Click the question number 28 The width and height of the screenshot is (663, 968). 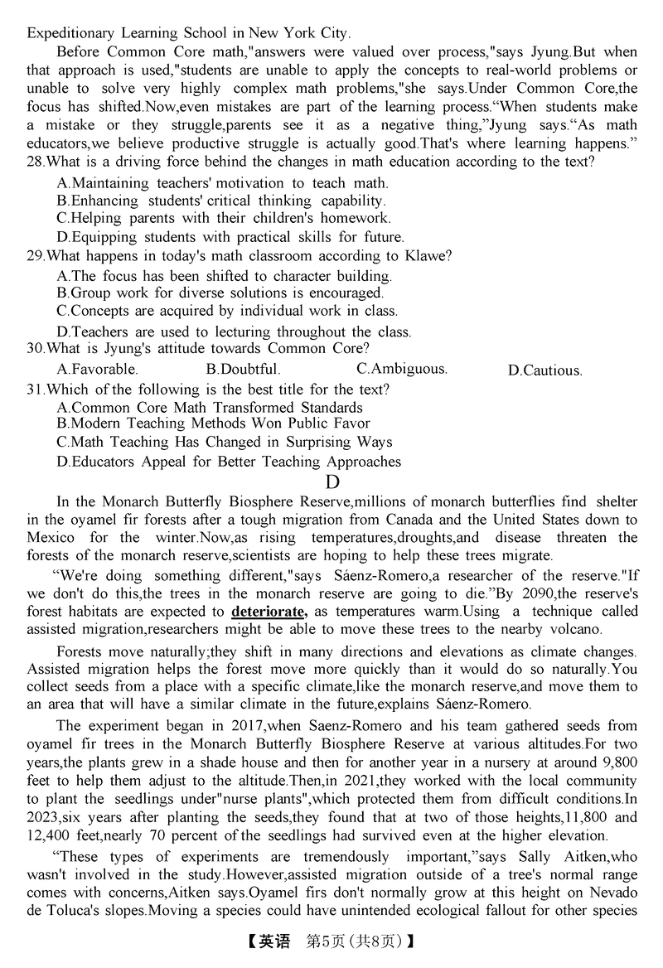pyautogui.click(x=36, y=162)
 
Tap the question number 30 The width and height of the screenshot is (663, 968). pyautogui.click(x=36, y=349)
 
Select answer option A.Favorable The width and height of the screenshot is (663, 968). pyautogui.click(x=97, y=369)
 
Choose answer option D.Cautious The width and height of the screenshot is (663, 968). pyautogui.click(x=544, y=370)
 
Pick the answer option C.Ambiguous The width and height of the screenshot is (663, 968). pyautogui.click(x=401, y=368)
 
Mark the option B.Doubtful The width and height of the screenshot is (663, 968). pyautogui.click(x=243, y=369)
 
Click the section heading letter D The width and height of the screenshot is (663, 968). pyautogui.click(x=331, y=482)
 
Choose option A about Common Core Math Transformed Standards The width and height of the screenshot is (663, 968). pyautogui.click(x=210, y=408)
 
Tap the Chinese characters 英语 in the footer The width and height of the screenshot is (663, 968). pyautogui.click(x=273, y=942)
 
